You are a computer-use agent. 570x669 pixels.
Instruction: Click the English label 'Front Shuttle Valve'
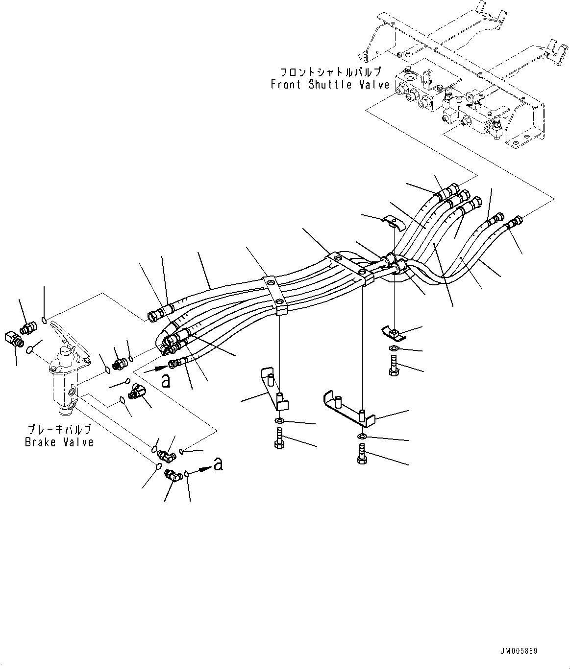(x=330, y=85)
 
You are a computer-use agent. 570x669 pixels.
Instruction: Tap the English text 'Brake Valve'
(x=59, y=442)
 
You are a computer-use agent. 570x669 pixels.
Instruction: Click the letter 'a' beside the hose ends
(x=166, y=380)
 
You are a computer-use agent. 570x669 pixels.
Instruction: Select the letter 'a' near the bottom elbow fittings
(x=218, y=463)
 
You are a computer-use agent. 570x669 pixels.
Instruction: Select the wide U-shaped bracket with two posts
(x=348, y=406)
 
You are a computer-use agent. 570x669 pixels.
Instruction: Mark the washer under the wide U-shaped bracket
(x=361, y=436)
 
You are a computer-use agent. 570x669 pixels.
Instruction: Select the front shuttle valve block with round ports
(x=417, y=93)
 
